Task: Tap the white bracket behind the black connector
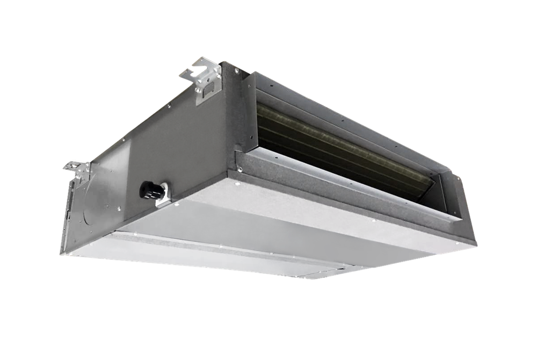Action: tap(162, 194)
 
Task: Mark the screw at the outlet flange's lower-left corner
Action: tap(240, 170)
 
